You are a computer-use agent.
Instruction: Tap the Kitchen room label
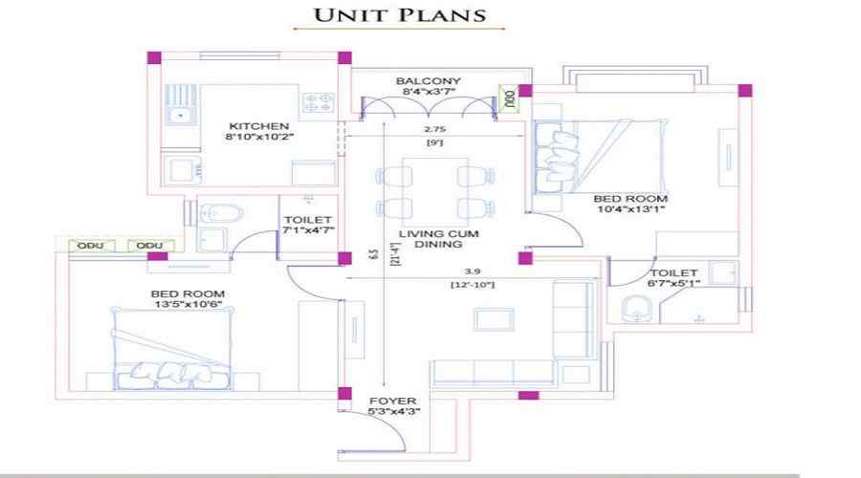258,131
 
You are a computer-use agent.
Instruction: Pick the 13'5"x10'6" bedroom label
188,299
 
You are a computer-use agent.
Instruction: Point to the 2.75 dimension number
436,128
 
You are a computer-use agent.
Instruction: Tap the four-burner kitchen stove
319,102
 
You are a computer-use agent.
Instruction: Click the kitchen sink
178,115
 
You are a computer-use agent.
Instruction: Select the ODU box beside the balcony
509,97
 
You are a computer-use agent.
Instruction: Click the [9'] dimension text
436,142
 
